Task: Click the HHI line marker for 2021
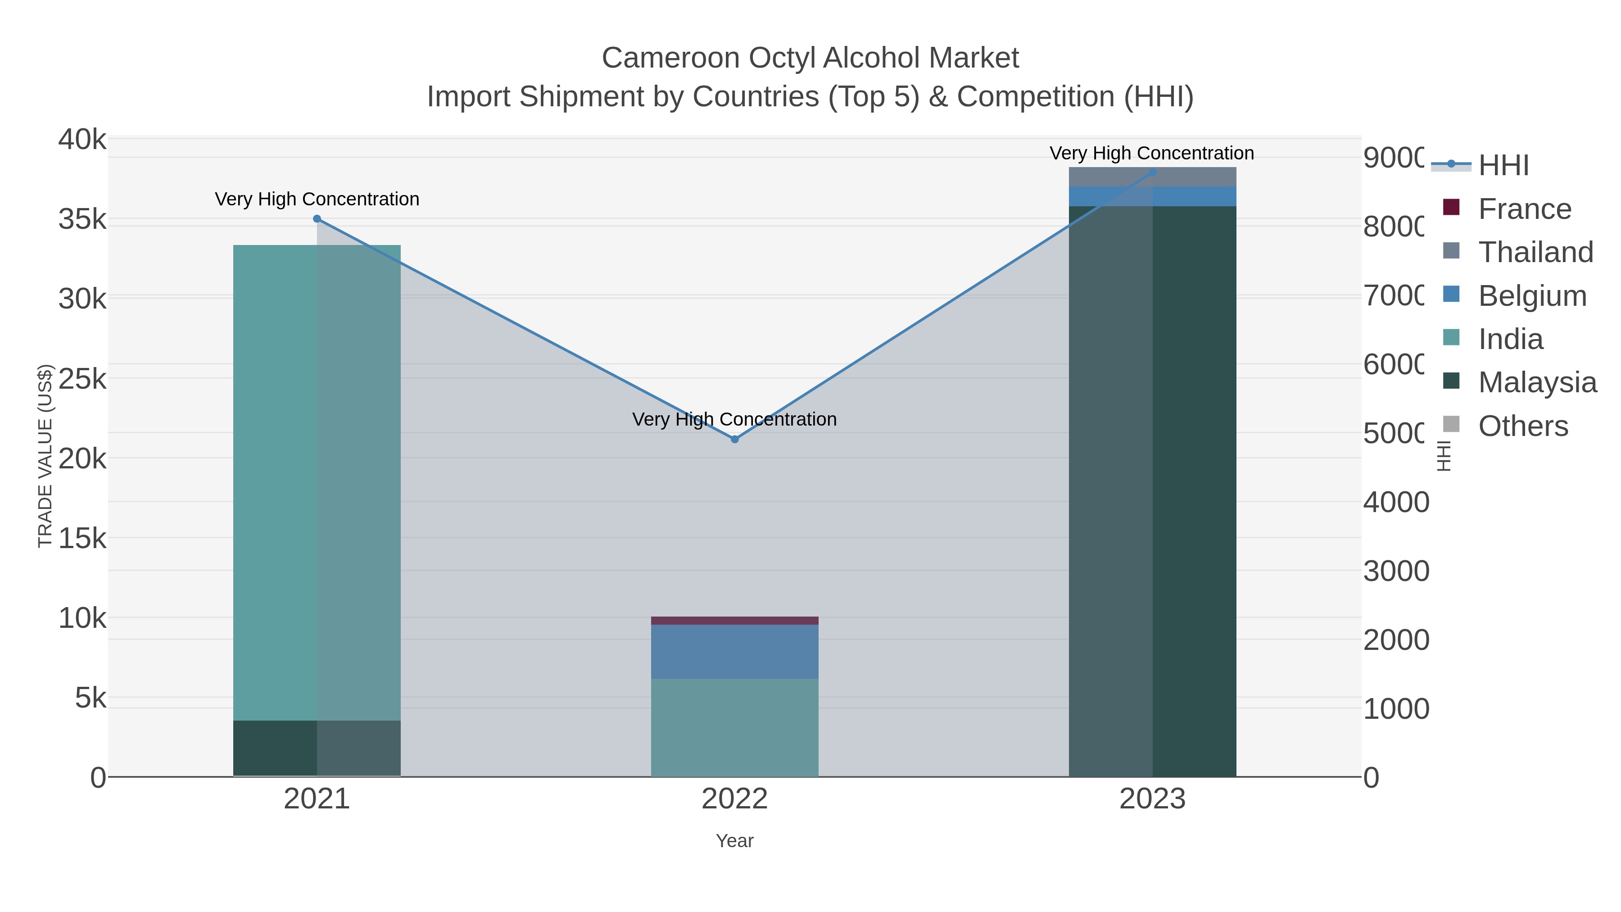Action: click(317, 219)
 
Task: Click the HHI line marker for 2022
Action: click(734, 439)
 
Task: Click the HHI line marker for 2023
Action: click(1152, 172)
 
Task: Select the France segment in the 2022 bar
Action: click(734, 621)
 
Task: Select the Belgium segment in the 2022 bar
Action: click(734, 651)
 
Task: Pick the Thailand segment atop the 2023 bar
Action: click(1195, 177)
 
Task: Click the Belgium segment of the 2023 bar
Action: click(1195, 196)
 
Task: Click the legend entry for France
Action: click(1523, 209)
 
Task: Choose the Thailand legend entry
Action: click(1535, 252)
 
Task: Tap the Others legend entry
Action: click(1522, 426)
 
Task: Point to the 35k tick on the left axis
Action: click(82, 220)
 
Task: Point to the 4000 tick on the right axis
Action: click(1396, 502)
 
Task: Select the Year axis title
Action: click(734, 841)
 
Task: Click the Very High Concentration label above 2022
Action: click(734, 419)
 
